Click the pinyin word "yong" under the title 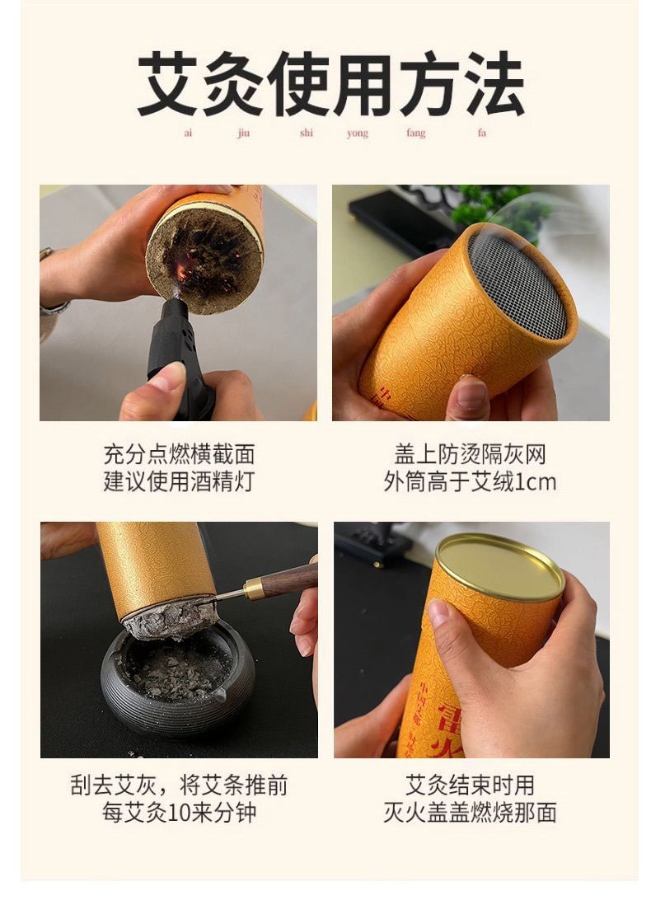pos(357,134)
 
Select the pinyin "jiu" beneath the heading pos(243,134)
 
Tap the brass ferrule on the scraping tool pos(254,589)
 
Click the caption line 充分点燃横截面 pos(179,454)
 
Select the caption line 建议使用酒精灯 pos(179,481)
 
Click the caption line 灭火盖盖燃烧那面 pos(470,813)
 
